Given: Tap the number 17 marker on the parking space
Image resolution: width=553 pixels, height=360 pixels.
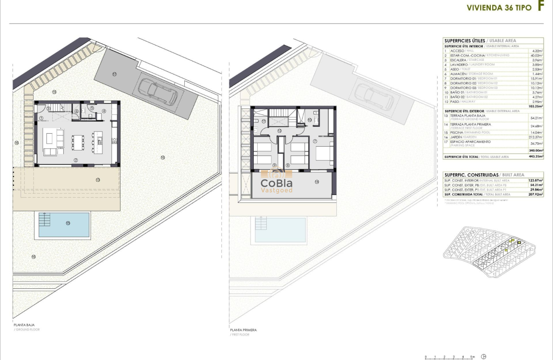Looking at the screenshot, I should (114, 74).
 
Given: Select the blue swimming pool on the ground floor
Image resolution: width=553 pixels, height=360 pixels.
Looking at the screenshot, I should (64, 225).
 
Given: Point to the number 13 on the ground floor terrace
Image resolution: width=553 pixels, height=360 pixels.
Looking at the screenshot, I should (98, 180).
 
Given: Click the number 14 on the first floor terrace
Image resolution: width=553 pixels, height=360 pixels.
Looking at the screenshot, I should (317, 182).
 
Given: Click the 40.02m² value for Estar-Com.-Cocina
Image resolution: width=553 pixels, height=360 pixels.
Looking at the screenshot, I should (537, 55).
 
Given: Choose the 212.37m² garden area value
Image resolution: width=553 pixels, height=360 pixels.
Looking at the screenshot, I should (536, 137).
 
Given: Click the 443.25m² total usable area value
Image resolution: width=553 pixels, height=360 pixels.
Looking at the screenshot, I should (535, 157).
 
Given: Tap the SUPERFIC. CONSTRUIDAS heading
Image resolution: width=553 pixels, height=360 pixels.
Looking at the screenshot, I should (472, 175).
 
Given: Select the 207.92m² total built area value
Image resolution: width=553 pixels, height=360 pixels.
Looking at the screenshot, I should (536, 194).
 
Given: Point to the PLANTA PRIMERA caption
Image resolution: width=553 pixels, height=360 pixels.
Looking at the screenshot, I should (243, 330).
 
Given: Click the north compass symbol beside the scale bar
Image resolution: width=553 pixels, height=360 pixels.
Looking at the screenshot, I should (484, 356).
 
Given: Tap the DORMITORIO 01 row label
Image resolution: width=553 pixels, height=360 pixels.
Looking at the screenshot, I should (460, 78).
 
